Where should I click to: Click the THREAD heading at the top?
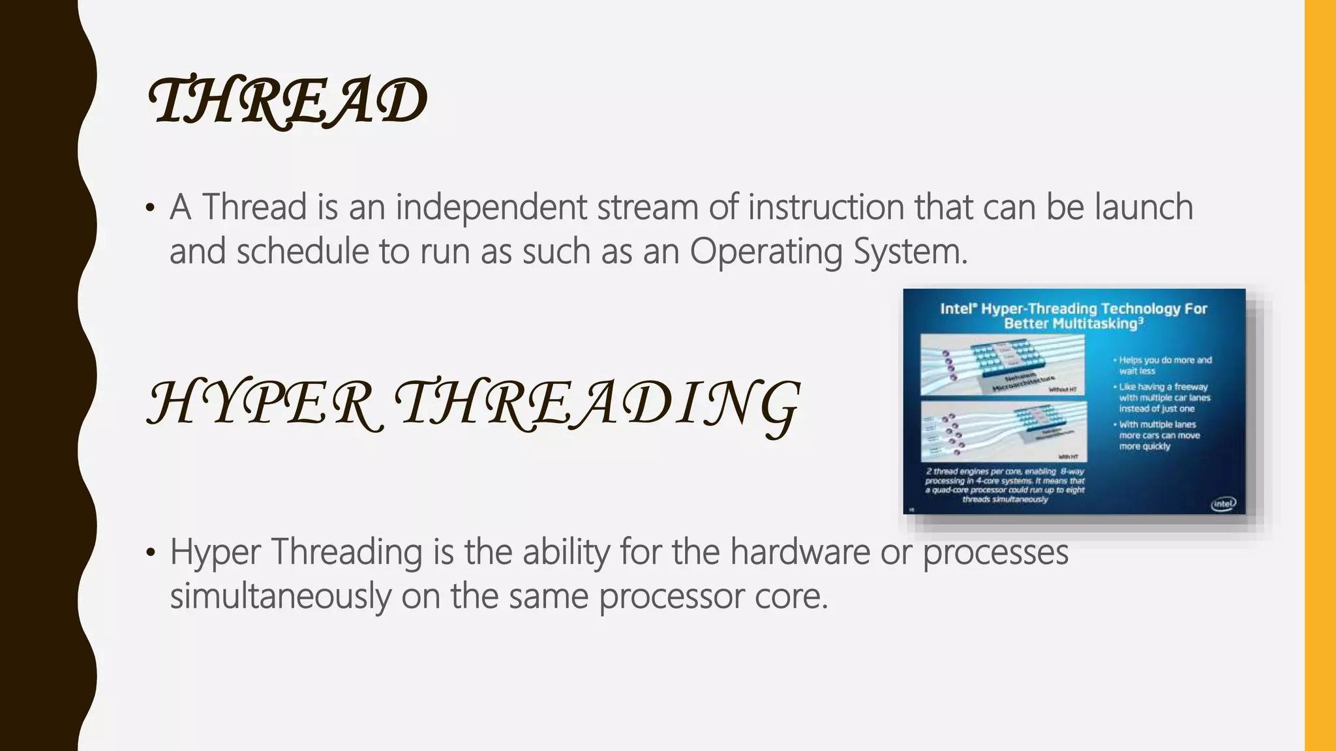coord(288,100)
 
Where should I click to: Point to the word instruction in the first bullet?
coord(825,207)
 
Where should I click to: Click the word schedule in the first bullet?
coord(303,252)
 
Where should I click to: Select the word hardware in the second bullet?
coord(800,552)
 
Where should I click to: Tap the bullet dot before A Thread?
coord(151,209)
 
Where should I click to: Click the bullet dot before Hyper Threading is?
coord(151,553)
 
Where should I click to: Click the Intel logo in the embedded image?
coord(1223,504)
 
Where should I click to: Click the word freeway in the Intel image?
coord(1191,387)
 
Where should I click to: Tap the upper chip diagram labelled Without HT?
coord(1003,365)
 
